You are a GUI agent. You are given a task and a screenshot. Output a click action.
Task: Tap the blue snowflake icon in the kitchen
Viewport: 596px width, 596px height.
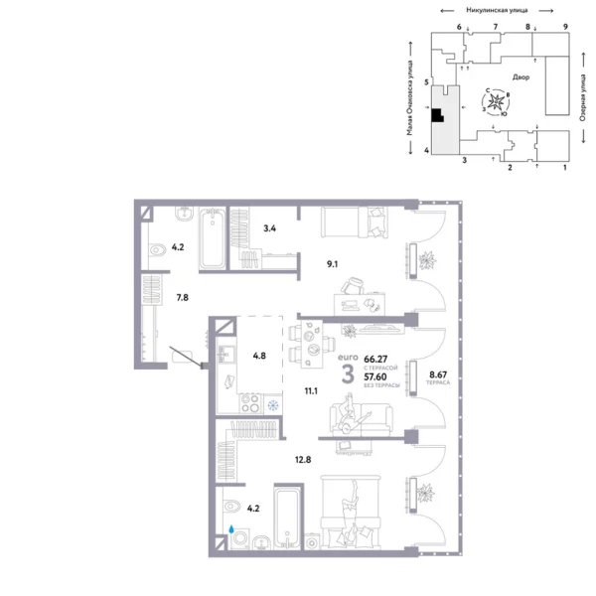pos(273,404)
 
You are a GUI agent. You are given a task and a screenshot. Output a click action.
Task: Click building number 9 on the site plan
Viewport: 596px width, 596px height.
pos(564,27)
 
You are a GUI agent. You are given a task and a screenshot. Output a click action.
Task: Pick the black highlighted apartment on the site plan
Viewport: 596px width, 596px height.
pos(436,114)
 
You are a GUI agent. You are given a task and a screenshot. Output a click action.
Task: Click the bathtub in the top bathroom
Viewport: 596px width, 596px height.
pos(213,239)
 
